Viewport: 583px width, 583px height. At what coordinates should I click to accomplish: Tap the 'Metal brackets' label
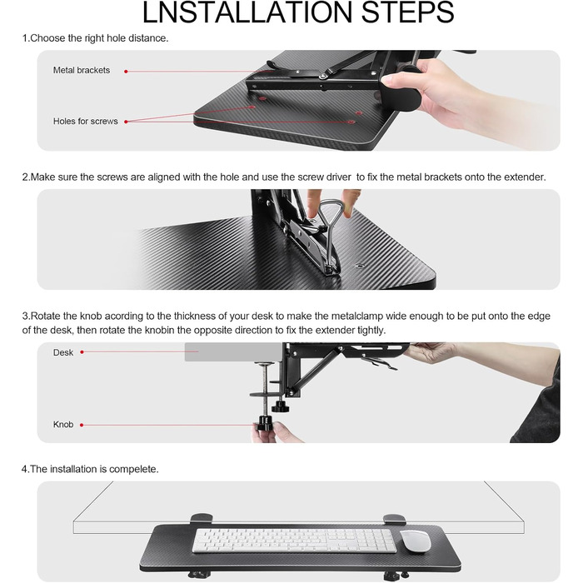[82, 71]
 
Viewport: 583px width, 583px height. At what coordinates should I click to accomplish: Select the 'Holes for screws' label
[86, 122]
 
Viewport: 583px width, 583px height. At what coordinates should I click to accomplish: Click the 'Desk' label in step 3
[63, 352]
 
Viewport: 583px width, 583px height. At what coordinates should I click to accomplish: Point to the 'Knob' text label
[63, 425]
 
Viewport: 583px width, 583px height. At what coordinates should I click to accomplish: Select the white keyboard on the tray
[295, 541]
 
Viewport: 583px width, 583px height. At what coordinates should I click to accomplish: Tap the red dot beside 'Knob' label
[82, 425]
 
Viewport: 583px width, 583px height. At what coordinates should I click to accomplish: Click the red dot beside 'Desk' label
[82, 352]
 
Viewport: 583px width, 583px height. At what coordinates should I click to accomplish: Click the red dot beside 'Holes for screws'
[127, 122]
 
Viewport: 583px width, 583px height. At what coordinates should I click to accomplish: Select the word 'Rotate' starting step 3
[46, 316]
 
